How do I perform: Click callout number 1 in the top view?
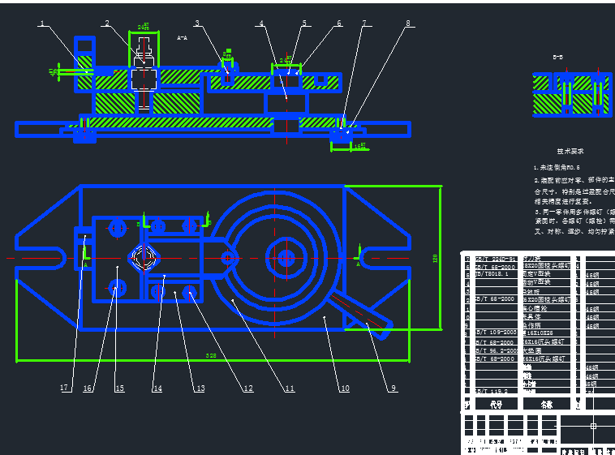click(42, 24)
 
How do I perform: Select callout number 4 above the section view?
click(261, 24)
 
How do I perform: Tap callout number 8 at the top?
click(408, 24)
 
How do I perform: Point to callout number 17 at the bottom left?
click(64, 388)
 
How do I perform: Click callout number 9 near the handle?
click(394, 388)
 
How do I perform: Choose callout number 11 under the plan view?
click(288, 388)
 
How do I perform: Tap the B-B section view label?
click(558, 58)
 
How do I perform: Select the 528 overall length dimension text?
click(211, 356)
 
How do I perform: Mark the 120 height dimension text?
click(435, 259)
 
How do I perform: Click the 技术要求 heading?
click(570, 151)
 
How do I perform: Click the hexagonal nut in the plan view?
click(144, 259)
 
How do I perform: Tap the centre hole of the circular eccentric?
click(286, 258)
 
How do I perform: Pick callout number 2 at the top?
click(106, 24)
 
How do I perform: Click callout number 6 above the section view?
click(339, 24)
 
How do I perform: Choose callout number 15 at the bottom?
click(119, 388)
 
